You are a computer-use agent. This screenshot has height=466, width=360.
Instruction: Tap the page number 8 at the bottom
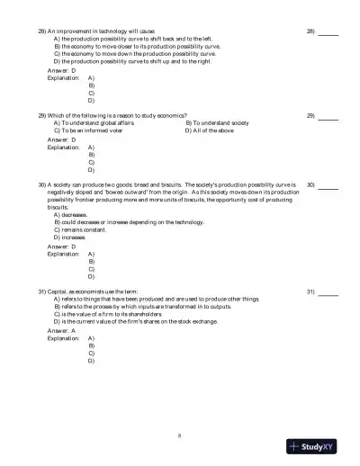179,436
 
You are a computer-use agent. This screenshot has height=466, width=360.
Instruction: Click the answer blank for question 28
328,31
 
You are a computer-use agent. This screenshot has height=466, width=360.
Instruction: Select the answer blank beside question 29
328,116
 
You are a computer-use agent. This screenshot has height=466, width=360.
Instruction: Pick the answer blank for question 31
328,292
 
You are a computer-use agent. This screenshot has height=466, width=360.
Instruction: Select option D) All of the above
210,130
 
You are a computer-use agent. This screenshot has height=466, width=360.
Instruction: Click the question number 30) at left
42,184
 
